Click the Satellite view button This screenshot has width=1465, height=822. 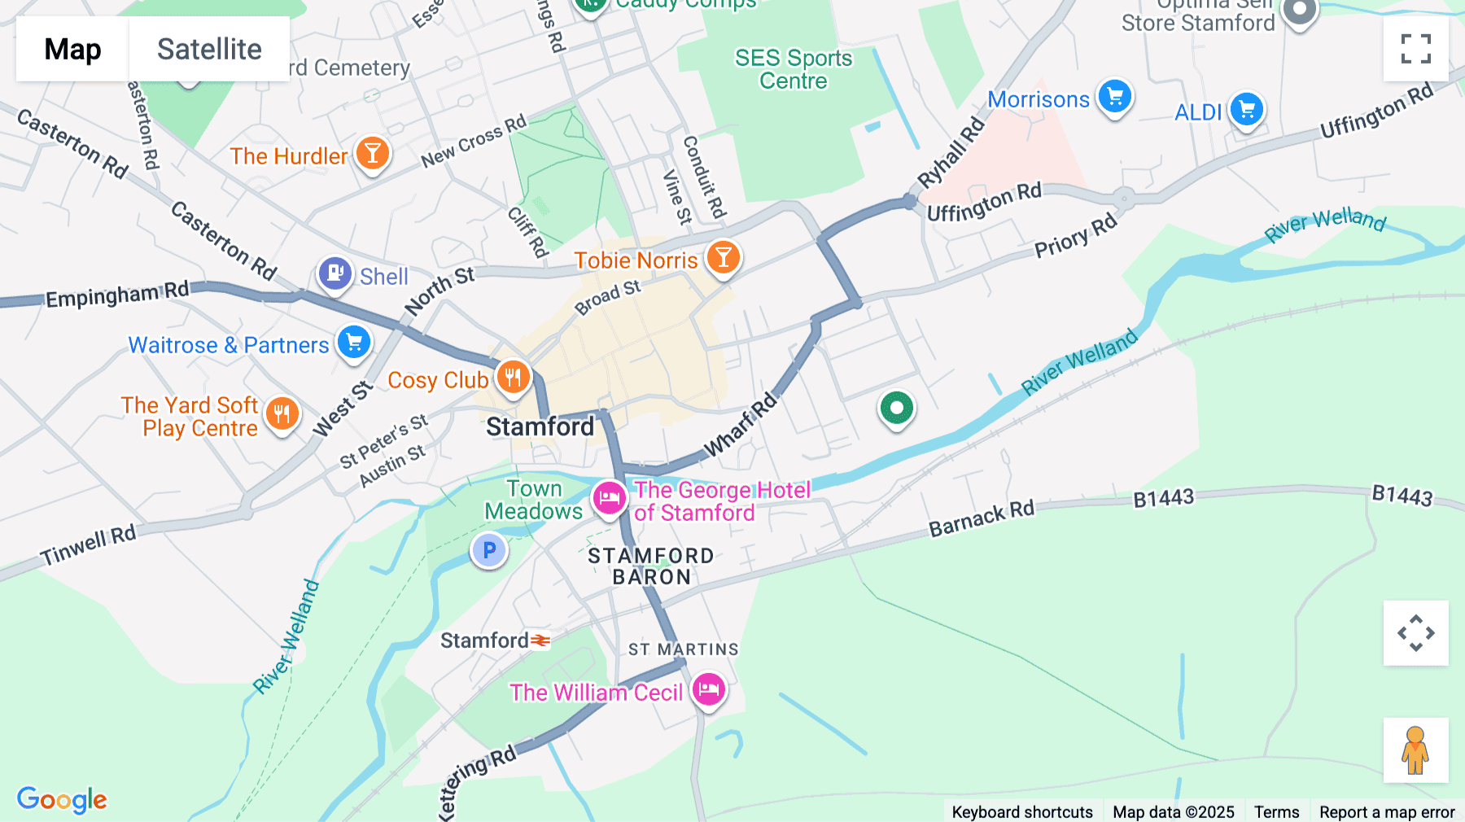point(209,49)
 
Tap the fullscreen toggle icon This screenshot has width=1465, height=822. point(1415,49)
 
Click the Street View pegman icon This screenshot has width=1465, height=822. point(1415,750)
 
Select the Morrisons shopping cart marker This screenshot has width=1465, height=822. point(1114,98)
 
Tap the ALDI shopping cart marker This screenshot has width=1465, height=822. point(1246,109)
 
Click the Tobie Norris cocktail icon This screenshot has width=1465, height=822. point(723,258)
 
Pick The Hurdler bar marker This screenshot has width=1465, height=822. point(372,153)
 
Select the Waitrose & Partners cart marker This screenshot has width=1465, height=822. point(354,343)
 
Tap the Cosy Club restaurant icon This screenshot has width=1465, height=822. point(513,378)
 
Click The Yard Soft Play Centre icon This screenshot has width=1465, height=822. point(282,414)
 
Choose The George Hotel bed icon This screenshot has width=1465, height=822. point(609,498)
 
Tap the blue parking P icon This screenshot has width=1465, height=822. point(489,551)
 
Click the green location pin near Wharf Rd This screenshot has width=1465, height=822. point(896,408)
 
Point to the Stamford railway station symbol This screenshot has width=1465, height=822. point(540,641)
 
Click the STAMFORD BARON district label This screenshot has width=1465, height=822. point(651,566)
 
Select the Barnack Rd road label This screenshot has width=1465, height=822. point(981,519)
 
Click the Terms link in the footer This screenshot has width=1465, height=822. point(1276,811)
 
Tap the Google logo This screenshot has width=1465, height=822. point(62,799)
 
